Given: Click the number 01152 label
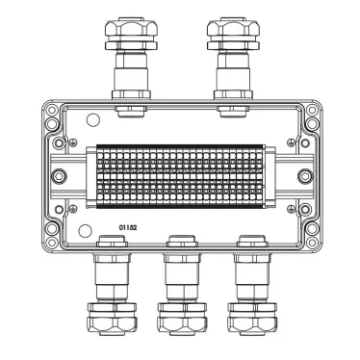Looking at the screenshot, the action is [x=128, y=227].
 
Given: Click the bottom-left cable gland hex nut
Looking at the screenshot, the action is [x=113, y=324].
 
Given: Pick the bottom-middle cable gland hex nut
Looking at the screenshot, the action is [x=183, y=324].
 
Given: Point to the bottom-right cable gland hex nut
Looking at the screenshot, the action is [x=252, y=324].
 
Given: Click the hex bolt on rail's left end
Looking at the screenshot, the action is [x=59, y=176].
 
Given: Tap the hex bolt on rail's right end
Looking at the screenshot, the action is [x=305, y=176].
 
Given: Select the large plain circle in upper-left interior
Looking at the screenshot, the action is [x=93, y=120].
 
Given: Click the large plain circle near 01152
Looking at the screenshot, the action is [x=86, y=230].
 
